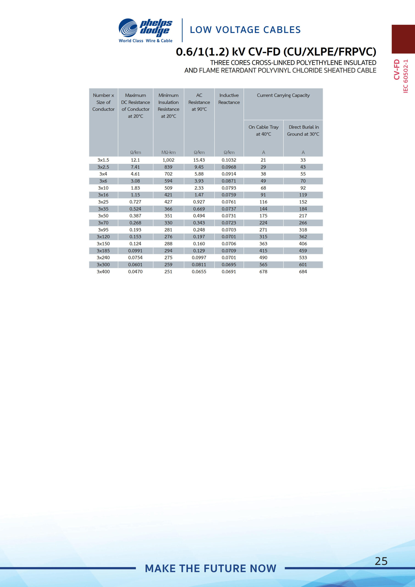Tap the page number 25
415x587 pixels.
pyautogui.click(x=381, y=561)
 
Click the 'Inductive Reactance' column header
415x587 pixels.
pyautogui.click(x=229, y=99)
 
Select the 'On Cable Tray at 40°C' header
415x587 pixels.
pyautogui.click(x=263, y=130)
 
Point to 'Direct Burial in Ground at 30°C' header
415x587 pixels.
pyautogui.click(x=303, y=130)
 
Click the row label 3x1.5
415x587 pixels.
pyautogui.click(x=103, y=160)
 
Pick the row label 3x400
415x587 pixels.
pyautogui.click(x=103, y=271)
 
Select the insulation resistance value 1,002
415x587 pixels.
pyautogui.click(x=168, y=160)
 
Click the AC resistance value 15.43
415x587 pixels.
pyautogui.click(x=199, y=160)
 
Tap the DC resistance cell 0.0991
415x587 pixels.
pyautogui.click(x=135, y=251)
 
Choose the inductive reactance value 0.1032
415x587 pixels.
pyautogui.click(x=229, y=160)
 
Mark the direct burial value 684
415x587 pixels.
pyautogui.click(x=303, y=271)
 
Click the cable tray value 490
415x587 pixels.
pyautogui.click(x=263, y=258)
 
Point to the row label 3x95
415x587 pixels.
pyautogui.click(x=103, y=230)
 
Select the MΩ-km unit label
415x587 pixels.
pyautogui.click(x=168, y=152)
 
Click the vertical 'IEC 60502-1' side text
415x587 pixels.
pyautogui.click(x=406, y=76)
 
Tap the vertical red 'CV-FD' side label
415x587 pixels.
pyautogui.click(x=397, y=69)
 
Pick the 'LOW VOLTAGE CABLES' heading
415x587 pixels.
pyautogui.click(x=245, y=30)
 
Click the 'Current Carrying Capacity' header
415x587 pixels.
pyautogui.click(x=283, y=95)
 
